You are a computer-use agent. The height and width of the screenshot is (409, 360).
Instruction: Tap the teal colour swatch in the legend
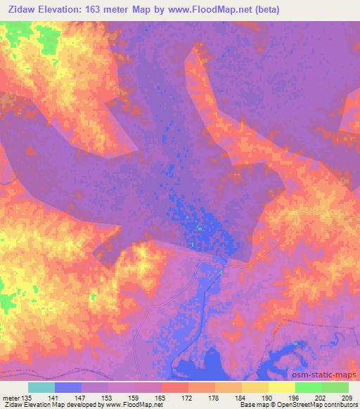click(x=41, y=387)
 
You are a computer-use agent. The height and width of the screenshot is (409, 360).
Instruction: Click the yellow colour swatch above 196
click(x=281, y=387)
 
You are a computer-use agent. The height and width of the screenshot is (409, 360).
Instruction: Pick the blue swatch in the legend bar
click(x=68, y=387)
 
